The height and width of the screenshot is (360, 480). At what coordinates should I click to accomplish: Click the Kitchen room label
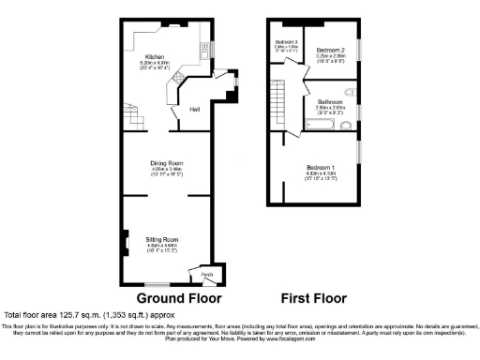[x=155, y=56]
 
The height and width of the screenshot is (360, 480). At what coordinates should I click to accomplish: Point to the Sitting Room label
[x=162, y=240]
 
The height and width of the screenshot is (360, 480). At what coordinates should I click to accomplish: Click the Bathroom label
[x=329, y=101]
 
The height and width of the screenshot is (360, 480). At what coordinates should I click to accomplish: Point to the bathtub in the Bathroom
[x=323, y=124]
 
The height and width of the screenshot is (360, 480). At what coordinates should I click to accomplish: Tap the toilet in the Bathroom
[x=350, y=92]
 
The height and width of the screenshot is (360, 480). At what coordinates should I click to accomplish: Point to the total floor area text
[x=90, y=315]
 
